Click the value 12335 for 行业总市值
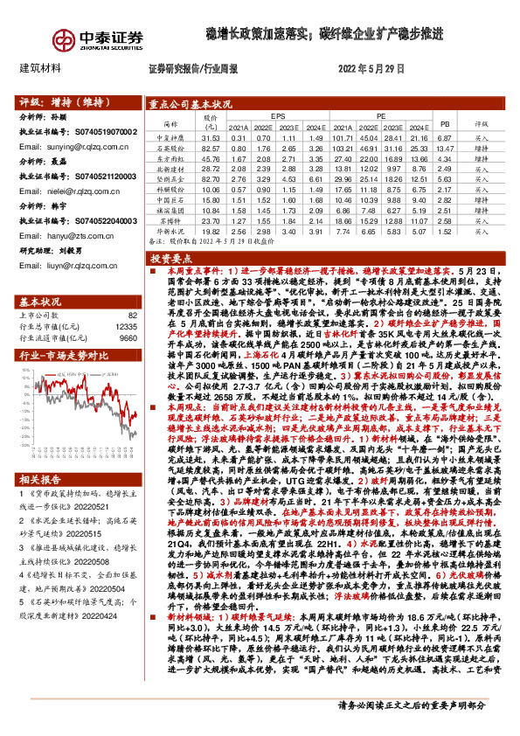point(126,326)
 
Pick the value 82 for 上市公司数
point(133,315)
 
